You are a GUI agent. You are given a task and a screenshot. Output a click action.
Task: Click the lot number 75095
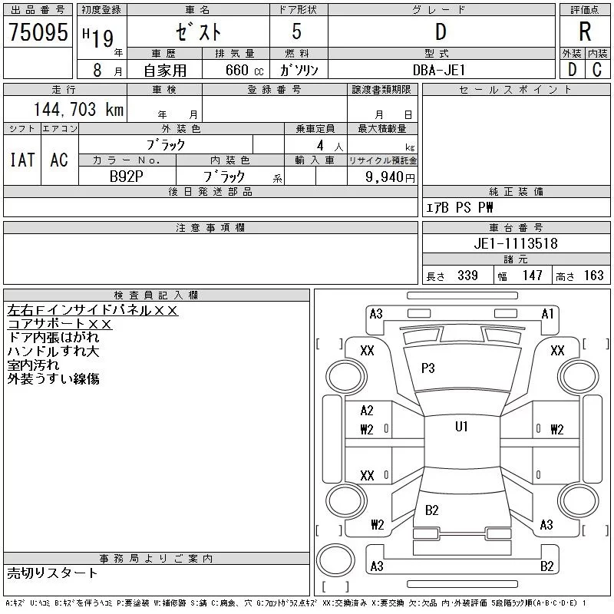click(x=38, y=31)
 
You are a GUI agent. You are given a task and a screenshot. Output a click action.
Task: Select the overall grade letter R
click(x=585, y=31)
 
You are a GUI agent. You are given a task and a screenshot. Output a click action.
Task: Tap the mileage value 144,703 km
click(x=78, y=109)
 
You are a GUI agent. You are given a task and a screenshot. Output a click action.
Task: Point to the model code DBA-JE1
click(x=439, y=70)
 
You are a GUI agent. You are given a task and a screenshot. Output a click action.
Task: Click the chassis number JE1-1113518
click(x=516, y=243)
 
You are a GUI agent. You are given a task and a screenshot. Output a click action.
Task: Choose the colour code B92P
click(x=126, y=177)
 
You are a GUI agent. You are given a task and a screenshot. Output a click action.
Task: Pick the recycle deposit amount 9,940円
click(x=390, y=177)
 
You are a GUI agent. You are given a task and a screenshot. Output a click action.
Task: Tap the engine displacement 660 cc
click(x=244, y=71)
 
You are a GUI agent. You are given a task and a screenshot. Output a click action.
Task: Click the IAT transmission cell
click(x=22, y=160)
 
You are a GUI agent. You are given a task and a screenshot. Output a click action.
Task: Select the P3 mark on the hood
click(x=427, y=368)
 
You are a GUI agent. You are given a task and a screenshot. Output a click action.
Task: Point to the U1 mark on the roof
click(x=461, y=427)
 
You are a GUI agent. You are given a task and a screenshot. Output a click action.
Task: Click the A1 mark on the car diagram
click(x=547, y=314)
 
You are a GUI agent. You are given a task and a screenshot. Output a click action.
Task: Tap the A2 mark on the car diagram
click(x=367, y=411)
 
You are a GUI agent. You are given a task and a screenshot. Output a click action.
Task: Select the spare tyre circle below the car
click(x=335, y=560)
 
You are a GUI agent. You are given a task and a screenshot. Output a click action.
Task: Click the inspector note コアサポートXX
click(x=60, y=324)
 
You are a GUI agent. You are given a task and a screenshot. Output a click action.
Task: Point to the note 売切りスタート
click(x=52, y=573)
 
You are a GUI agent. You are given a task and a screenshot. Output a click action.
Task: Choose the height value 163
click(x=593, y=276)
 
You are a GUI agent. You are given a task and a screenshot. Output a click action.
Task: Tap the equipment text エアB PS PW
click(x=459, y=207)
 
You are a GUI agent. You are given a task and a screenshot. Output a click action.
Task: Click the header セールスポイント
click(x=516, y=90)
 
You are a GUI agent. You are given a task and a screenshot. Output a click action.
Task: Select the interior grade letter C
click(x=597, y=70)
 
